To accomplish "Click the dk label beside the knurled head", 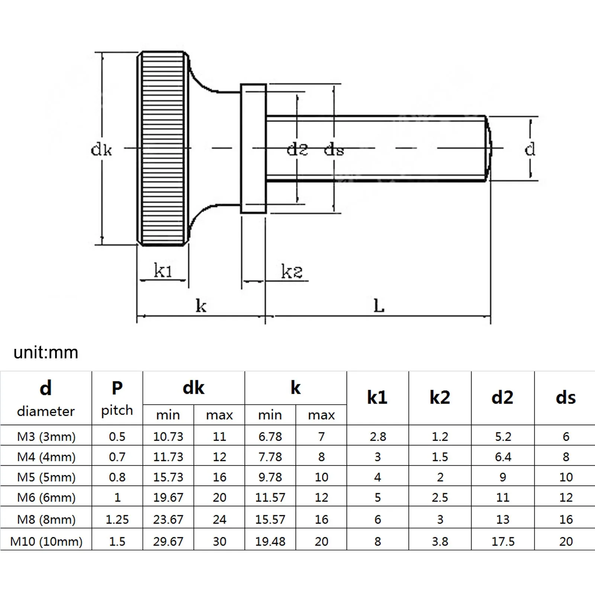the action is (101, 149).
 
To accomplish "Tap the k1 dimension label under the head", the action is (163, 270).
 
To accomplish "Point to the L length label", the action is (379, 306).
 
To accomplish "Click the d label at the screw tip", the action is (530, 149).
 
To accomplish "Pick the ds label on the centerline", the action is (334, 149).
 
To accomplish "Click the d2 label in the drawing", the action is (297, 149).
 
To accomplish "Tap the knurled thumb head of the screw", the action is (163, 149).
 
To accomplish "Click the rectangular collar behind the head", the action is (253, 149).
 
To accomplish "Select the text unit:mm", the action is (46, 352).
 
